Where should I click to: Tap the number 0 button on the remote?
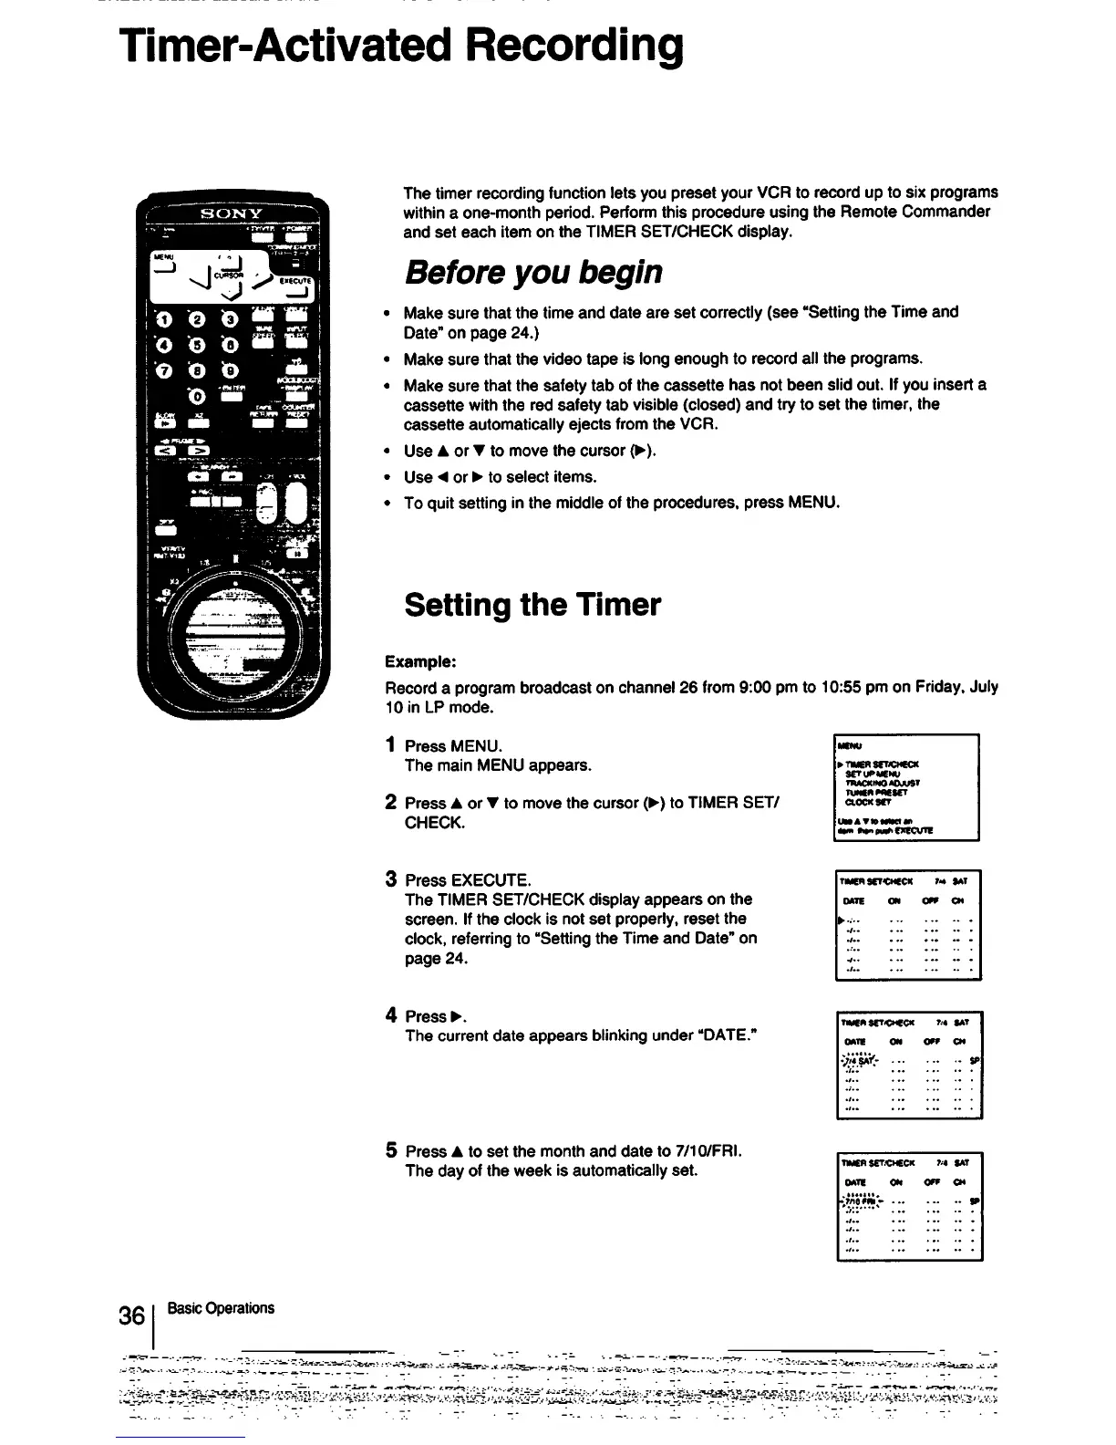click(197, 397)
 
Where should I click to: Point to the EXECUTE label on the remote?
click(294, 281)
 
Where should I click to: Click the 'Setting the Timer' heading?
click(532, 604)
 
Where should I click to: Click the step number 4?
click(390, 1015)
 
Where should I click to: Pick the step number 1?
click(390, 745)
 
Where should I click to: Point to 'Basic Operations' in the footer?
click(226, 1308)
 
